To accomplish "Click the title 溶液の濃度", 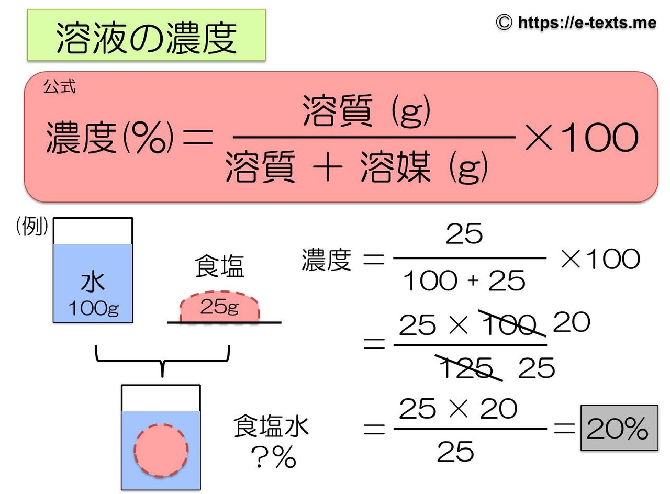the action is pos(146,37).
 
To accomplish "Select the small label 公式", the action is pos(59,87).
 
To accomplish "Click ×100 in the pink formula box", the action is pos(581,138).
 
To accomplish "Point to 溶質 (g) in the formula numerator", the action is pos(366,110).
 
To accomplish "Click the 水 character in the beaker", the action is pos(93,281).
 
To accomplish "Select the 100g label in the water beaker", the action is pos(93,308).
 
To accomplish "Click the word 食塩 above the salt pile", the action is pos(219,266).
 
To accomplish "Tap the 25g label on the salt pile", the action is pos(219,307).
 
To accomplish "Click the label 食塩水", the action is pos(271,426).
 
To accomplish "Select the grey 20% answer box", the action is pos(619,428).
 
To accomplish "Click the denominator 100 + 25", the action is pos(464,281).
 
